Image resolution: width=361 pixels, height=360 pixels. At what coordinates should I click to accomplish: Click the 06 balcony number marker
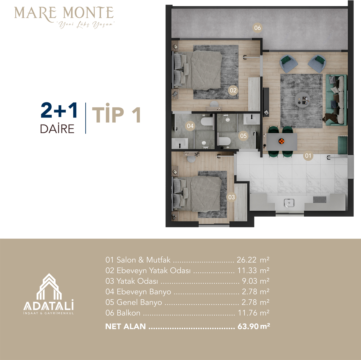pyautogui.click(x=257, y=28)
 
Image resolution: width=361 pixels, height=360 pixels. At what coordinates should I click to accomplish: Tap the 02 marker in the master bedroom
pyautogui.click(x=233, y=90)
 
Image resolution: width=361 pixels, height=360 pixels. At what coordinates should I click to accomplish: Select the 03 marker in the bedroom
pyautogui.click(x=231, y=197)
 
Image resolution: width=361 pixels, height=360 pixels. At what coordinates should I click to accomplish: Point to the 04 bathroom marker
pyautogui.click(x=190, y=126)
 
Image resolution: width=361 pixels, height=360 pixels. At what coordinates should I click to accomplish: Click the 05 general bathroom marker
pyautogui.click(x=243, y=136)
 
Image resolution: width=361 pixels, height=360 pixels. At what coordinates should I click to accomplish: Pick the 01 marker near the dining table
pyautogui.click(x=308, y=156)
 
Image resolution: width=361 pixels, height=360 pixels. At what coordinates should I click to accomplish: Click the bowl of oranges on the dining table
pyautogui.click(x=281, y=141)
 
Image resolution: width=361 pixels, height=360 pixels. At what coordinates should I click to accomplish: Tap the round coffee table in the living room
pyautogui.click(x=302, y=99)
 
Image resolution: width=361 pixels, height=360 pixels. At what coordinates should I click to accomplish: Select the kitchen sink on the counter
pyautogui.click(x=289, y=203)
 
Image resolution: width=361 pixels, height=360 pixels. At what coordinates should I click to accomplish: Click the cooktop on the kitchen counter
pyautogui.click(x=320, y=199)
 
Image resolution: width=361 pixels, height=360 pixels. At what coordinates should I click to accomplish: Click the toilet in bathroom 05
pyautogui.click(x=225, y=141)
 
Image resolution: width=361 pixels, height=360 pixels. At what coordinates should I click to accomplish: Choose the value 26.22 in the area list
pyautogui.click(x=246, y=260)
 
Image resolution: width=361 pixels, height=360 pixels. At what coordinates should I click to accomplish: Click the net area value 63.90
pyautogui.click(x=248, y=326)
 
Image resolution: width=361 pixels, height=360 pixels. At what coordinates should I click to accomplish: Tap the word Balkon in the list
pyautogui.click(x=128, y=313)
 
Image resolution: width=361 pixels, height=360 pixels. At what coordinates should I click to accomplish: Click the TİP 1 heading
pyautogui.click(x=116, y=113)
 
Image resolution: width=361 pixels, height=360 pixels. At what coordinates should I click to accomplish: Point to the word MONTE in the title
pyautogui.click(x=88, y=13)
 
